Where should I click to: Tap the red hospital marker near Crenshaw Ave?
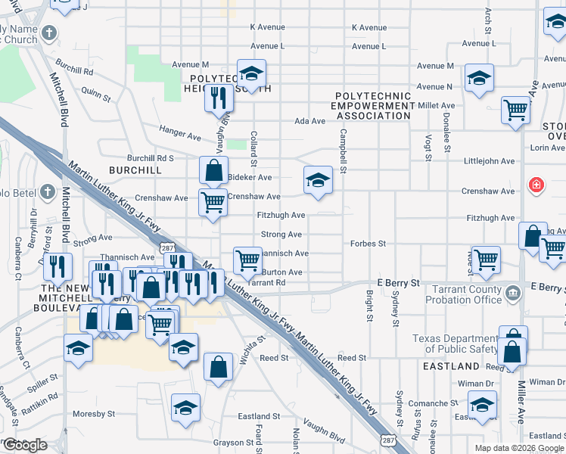536,185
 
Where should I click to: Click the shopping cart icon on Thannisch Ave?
248,260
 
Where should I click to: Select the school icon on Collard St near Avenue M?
251,73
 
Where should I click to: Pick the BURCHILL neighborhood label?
135,170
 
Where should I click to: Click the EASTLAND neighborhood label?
452,366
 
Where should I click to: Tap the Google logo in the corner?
25,445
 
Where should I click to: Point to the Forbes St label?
369,244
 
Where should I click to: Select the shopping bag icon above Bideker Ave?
214,169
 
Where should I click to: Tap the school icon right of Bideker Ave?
319,179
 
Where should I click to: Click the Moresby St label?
94,414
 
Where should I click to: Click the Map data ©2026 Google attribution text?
518,448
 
